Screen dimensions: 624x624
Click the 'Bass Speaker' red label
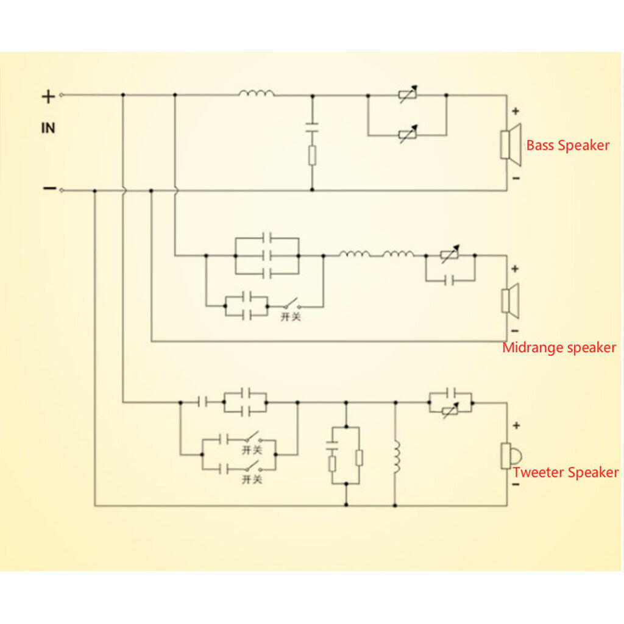[x=567, y=146]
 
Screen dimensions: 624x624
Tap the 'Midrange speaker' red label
[x=559, y=348]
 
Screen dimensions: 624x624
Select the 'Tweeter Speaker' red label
[x=565, y=472]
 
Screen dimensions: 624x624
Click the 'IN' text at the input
[x=48, y=129]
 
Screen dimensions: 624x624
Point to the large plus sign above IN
[x=48, y=96]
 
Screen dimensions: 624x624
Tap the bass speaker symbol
[x=511, y=144]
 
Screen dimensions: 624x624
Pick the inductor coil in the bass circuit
[x=257, y=93]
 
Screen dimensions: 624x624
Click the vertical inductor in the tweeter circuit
[x=396, y=457]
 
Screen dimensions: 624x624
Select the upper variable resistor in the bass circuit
[x=407, y=95]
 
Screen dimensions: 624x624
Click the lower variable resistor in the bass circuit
[x=407, y=134]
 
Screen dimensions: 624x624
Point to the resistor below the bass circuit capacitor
[x=312, y=156]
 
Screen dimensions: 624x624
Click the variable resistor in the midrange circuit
[x=450, y=256]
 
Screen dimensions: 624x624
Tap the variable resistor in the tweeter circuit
[x=450, y=412]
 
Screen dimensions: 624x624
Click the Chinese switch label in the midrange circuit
[x=290, y=317]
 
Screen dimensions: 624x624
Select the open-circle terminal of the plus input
[x=62, y=94]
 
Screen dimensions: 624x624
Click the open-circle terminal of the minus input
[x=62, y=190]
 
